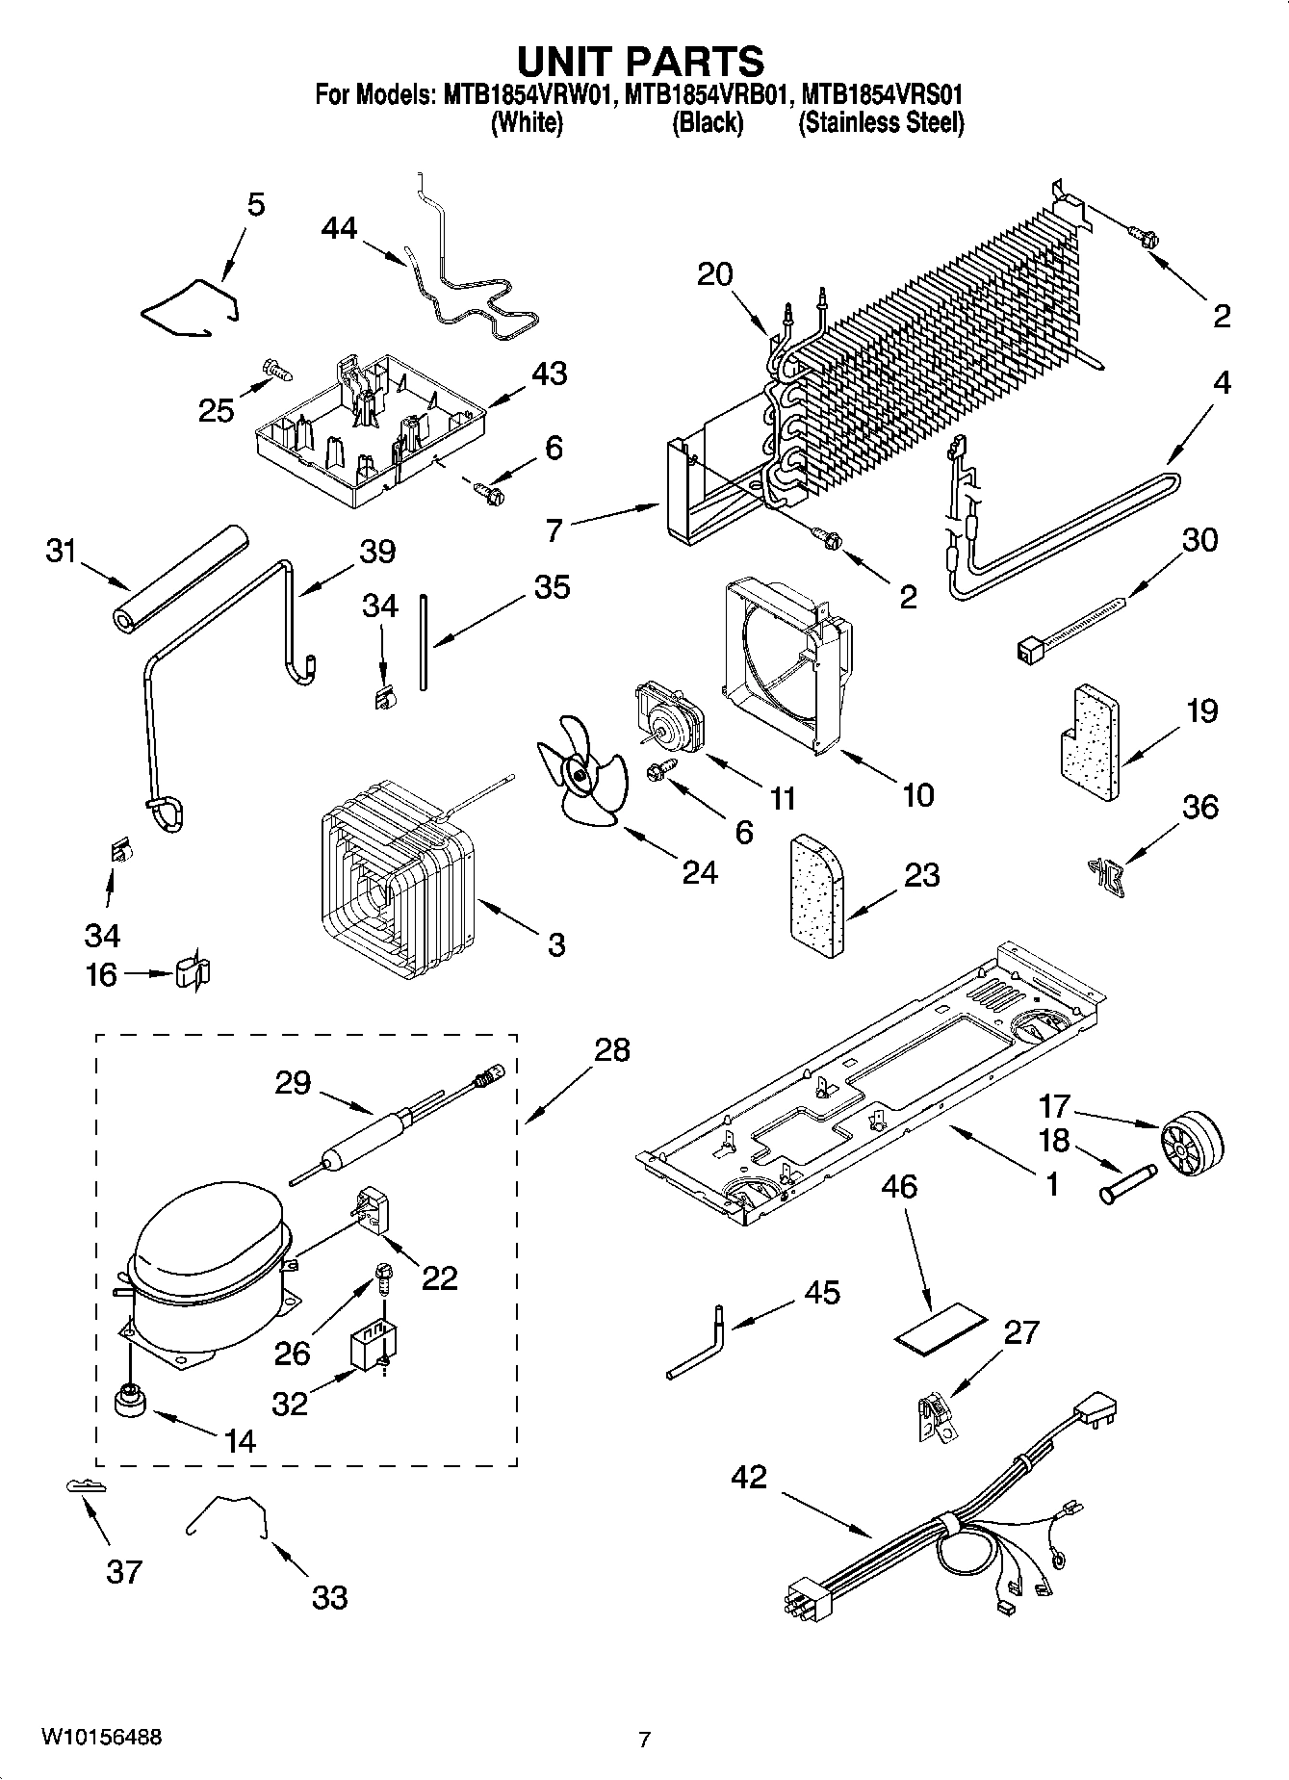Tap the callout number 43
[549, 374]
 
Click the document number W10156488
[101, 1737]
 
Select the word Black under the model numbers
[707, 123]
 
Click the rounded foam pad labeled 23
[814, 897]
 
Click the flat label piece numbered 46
[941, 1327]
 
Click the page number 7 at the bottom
[644, 1739]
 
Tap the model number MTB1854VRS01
[882, 95]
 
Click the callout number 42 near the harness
[749, 1476]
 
